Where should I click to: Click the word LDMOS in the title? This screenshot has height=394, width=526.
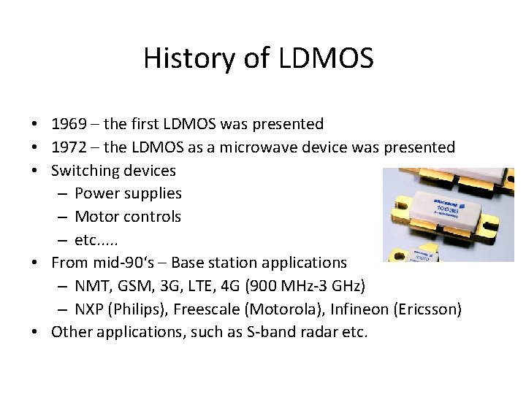(326, 58)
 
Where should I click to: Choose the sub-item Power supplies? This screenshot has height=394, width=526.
(128, 193)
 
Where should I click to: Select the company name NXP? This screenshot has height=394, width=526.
(89, 309)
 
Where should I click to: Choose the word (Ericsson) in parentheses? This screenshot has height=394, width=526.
(428, 309)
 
